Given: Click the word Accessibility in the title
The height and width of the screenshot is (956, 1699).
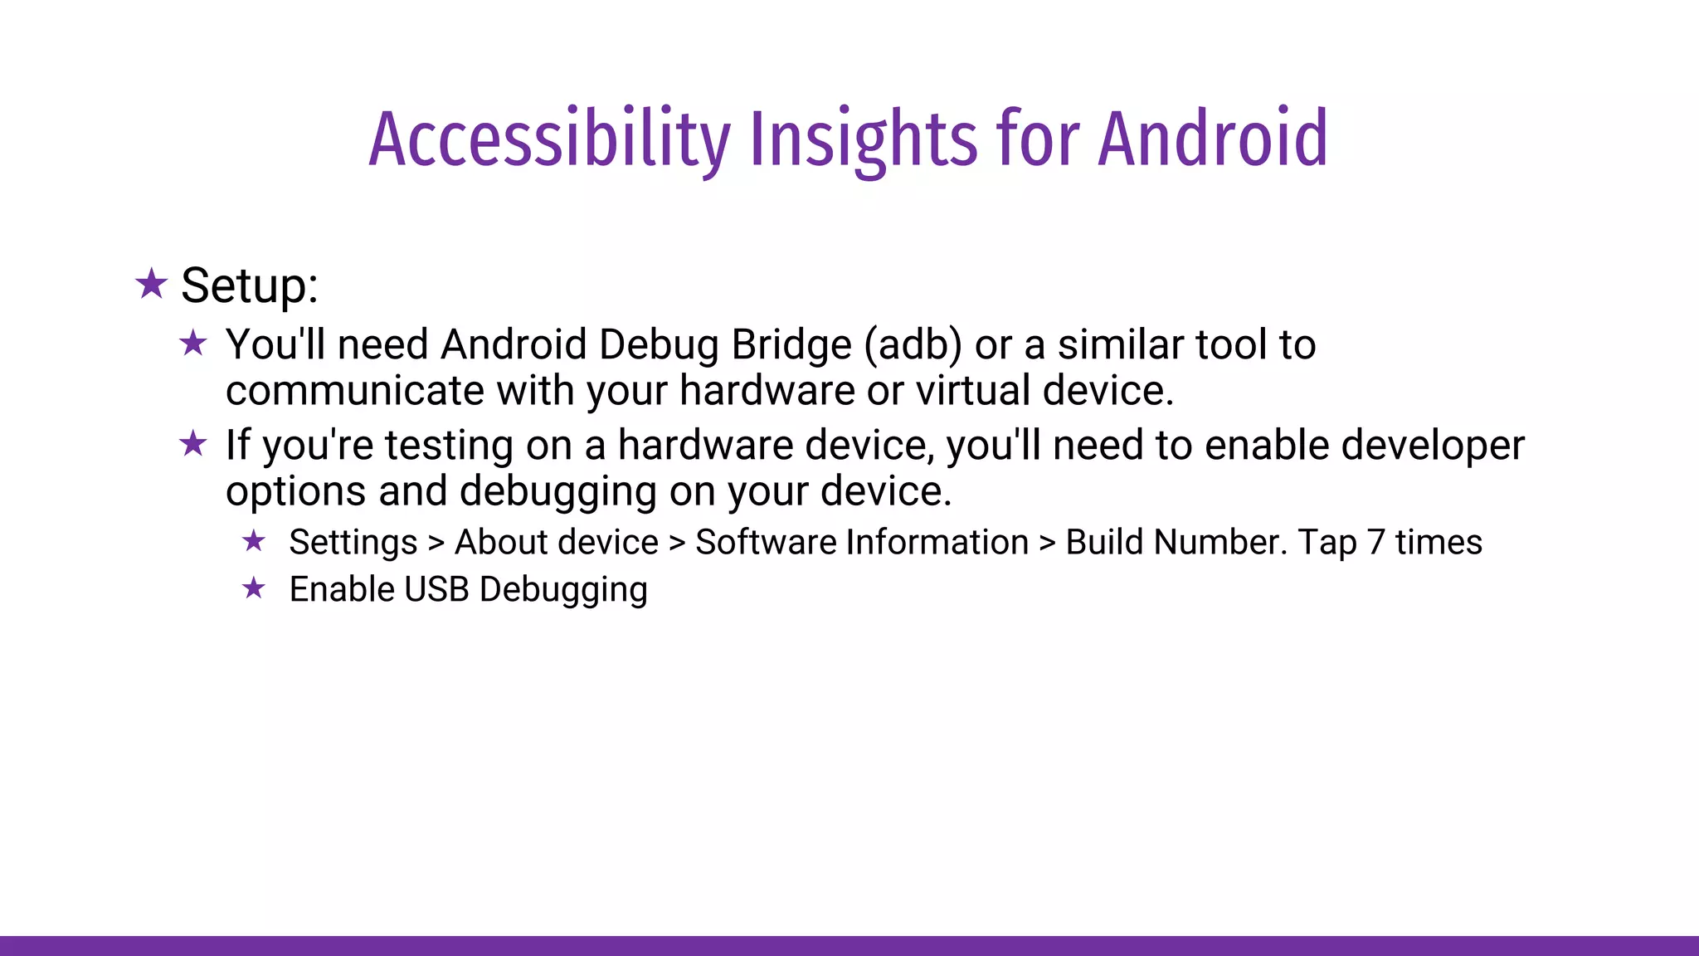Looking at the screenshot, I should [549, 139].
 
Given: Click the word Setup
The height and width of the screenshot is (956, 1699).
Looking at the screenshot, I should [249, 286].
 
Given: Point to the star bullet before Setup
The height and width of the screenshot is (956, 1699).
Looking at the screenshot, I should [152, 284].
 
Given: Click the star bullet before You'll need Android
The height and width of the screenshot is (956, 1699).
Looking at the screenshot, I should [193, 343].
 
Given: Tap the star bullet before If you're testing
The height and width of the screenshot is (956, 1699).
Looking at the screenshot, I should [193, 444].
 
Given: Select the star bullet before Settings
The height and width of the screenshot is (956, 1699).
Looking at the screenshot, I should [254, 542].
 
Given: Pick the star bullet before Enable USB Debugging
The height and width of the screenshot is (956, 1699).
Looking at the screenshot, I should [254, 589].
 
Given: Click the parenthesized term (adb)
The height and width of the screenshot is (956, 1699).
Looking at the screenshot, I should [913, 345].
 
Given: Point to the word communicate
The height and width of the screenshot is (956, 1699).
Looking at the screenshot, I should [354, 391].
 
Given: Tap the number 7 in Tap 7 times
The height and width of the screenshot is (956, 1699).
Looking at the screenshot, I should [1376, 543].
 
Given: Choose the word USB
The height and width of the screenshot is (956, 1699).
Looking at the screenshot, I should [436, 590].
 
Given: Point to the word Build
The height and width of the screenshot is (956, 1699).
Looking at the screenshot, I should [1104, 543].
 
